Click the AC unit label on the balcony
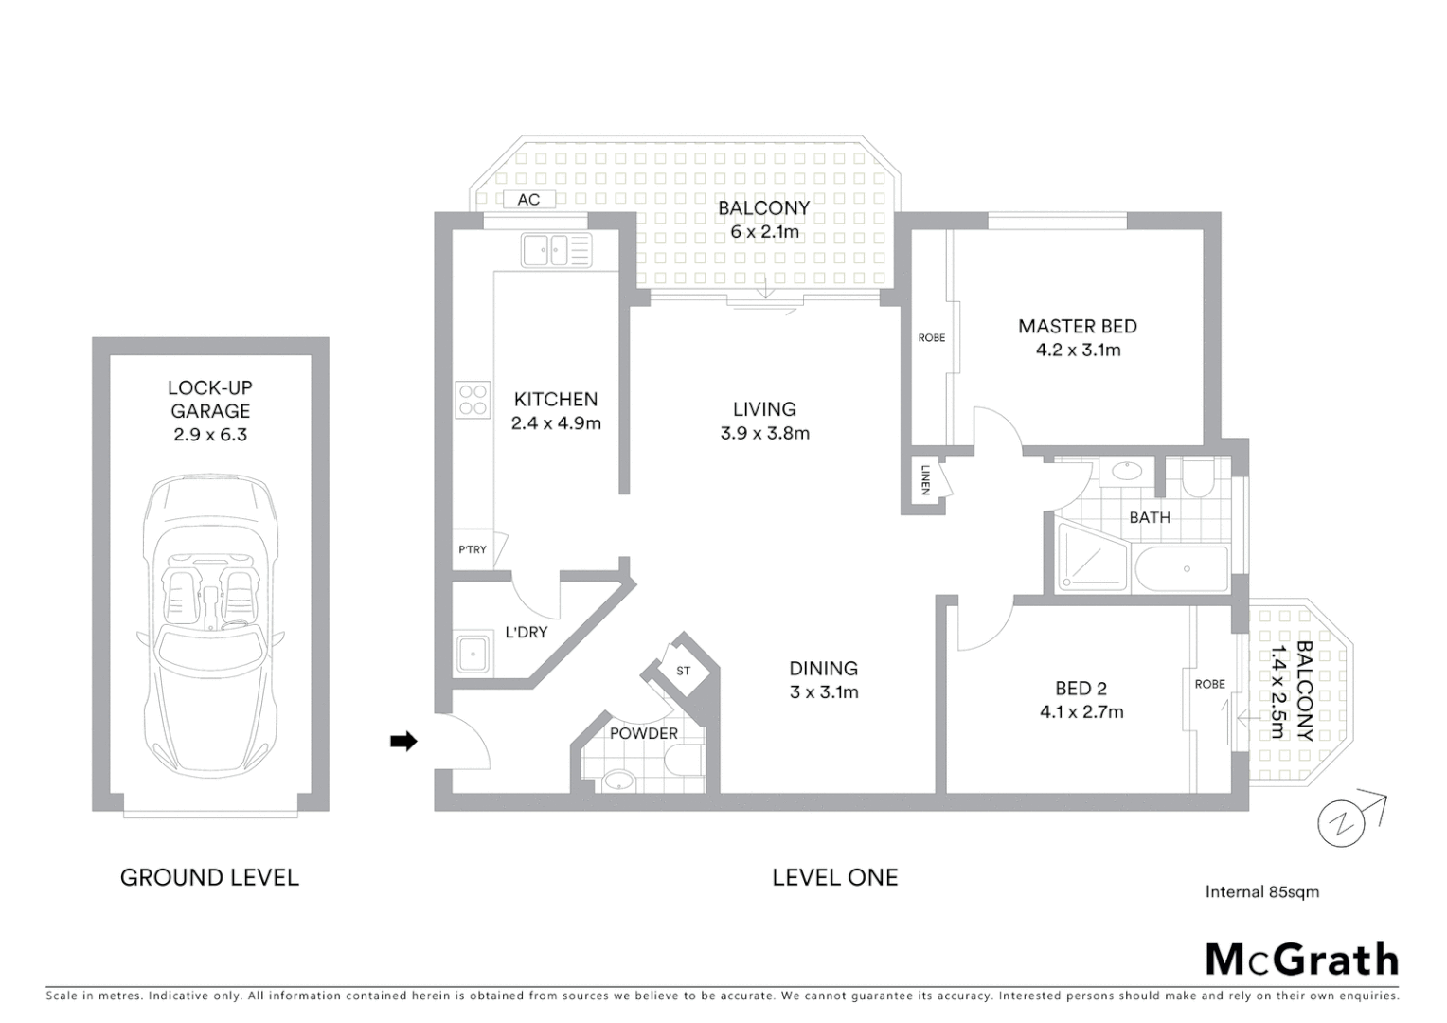coord(528,199)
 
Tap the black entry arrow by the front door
coord(403,742)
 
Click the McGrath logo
coord(1301,960)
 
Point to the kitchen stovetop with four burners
coord(472,400)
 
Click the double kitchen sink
coord(555,251)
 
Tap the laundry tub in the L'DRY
coord(472,653)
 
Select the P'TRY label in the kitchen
coord(472,549)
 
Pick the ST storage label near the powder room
coord(683,671)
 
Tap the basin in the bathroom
coord(1127,471)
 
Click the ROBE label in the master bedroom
coord(931,338)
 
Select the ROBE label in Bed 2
coord(1209,684)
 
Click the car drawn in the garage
coord(209,625)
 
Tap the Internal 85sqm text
coord(1261,891)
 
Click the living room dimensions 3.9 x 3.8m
coord(764,434)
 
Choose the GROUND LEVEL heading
coord(209,878)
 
